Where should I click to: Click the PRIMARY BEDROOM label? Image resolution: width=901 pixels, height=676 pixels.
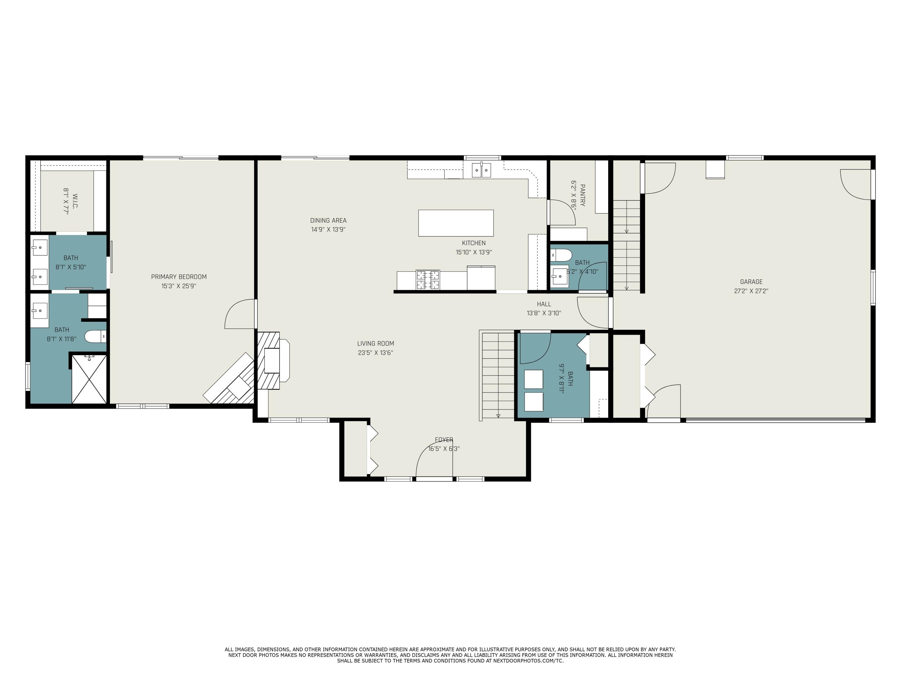179,277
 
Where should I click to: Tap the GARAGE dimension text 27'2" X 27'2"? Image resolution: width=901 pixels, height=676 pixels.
751,291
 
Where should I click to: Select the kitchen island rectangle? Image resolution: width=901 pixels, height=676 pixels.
456,223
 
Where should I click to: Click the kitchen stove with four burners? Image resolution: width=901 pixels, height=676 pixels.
428,279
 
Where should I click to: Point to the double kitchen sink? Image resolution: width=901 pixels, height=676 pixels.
481,170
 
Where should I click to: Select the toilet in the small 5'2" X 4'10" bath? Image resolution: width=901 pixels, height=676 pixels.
561,255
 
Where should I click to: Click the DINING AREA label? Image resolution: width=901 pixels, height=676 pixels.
328,221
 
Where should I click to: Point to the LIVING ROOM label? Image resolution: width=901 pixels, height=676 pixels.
375,343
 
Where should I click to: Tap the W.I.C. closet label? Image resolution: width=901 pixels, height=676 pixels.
75,201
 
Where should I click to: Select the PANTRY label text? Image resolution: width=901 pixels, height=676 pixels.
582,195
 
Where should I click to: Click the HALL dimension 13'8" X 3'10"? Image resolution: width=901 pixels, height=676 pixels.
544,313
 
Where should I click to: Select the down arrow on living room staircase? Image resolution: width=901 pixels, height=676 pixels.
498,415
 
